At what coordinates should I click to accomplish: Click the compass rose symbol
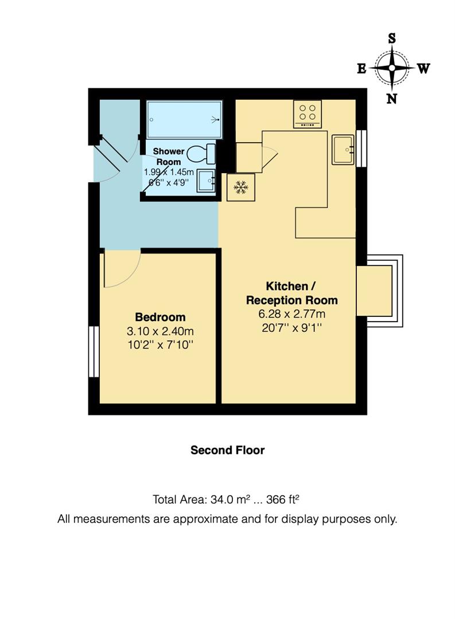point(392,68)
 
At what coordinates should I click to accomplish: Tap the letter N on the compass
point(392,99)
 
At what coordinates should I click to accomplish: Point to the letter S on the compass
point(392,38)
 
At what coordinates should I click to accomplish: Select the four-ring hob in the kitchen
point(308,113)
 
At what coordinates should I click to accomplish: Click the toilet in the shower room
point(202,154)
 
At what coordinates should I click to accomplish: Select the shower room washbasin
point(207,181)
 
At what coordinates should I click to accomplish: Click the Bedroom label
point(160,317)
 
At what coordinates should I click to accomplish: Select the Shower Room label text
point(169,156)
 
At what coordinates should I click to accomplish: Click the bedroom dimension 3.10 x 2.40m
point(160,331)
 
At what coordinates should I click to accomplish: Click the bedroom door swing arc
point(122,269)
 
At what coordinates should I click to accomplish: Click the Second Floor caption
point(227,450)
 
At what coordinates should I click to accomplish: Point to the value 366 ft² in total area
point(281,499)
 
